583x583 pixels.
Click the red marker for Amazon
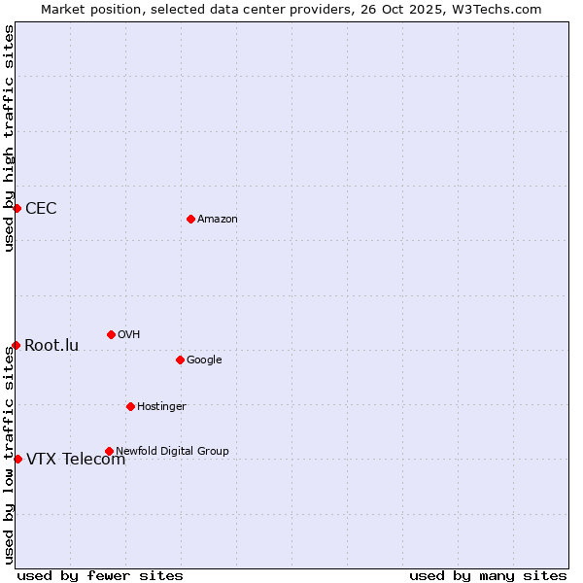coord(190,219)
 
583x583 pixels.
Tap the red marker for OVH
coord(111,334)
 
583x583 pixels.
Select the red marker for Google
coord(180,360)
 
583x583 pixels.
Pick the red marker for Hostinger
coord(130,406)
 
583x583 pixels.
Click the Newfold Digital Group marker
coord(109,451)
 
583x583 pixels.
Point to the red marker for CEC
coord(17,208)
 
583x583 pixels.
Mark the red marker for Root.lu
coord(16,345)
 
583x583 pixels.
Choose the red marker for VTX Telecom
coord(17,459)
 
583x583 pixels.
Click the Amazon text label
coord(218,219)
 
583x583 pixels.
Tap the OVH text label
coord(129,334)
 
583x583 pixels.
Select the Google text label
coord(204,360)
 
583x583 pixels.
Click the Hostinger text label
coord(161,406)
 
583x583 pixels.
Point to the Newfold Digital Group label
coord(173,451)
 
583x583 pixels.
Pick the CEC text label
coord(41,208)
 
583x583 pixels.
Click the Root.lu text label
coord(51,345)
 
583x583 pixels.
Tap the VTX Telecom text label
coord(76,460)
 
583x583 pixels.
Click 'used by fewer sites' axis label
coord(100,575)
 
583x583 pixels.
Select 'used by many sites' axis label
coord(488,575)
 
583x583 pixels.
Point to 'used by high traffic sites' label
coord(9,138)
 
